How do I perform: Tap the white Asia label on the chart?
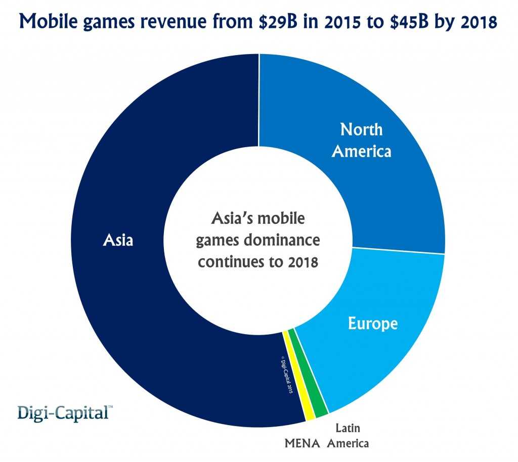118,240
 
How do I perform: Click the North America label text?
361,140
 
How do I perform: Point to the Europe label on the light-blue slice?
373,324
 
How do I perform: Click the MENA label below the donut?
303,444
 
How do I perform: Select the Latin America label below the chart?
348,436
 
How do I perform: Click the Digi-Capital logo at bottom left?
62,412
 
